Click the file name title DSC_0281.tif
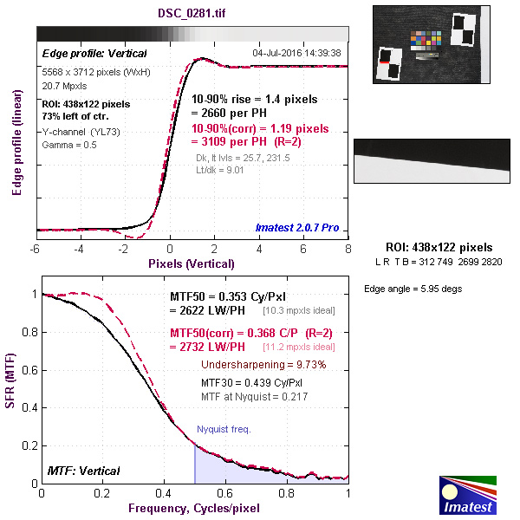click(192, 14)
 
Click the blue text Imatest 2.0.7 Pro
click(297, 228)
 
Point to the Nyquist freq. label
click(223, 429)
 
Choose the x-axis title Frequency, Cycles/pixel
click(193, 508)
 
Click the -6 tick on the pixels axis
click(36, 249)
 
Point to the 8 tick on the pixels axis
click(348, 249)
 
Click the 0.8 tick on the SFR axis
click(28, 332)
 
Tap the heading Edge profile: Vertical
click(84, 53)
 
